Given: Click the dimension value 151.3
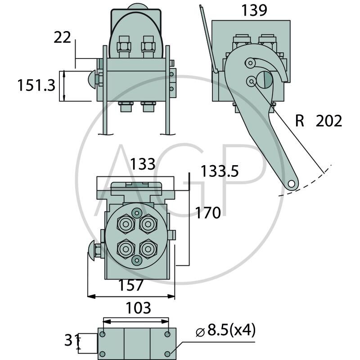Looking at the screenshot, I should (x=36, y=85).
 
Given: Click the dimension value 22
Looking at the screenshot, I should (x=62, y=37).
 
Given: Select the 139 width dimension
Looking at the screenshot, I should (x=254, y=11).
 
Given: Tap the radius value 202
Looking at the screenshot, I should (x=328, y=121).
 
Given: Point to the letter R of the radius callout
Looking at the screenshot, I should (x=301, y=121).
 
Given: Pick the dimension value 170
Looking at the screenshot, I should (x=208, y=212).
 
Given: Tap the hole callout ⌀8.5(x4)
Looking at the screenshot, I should (x=226, y=332).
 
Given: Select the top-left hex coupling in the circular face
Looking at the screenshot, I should (x=126, y=223).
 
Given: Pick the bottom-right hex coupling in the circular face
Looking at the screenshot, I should (x=148, y=248).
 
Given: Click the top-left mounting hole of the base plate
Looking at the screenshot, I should (x=103, y=334).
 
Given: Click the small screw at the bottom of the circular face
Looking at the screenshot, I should (x=137, y=260).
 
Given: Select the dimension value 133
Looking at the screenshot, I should (x=143, y=164).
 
